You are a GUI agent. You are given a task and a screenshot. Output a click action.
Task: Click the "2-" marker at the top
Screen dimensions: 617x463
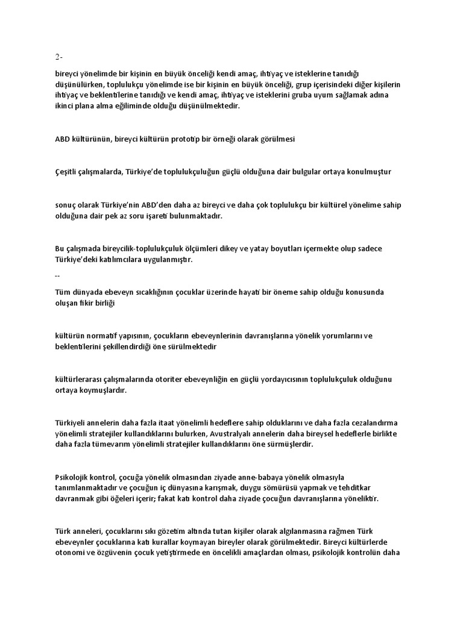click(x=58, y=57)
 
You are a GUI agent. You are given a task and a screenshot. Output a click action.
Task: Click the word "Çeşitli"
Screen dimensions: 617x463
click(x=68, y=172)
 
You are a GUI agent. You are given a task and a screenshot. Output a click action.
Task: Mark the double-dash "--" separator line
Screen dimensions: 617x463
click(x=57, y=275)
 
